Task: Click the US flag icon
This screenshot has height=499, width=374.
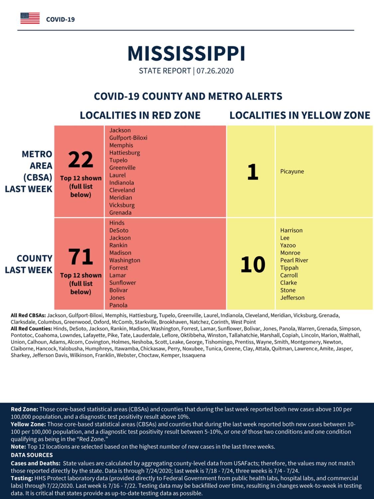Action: coord(30,18)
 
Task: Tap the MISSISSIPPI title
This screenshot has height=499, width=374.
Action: coord(186,54)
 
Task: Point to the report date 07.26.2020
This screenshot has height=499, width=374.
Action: coord(215,71)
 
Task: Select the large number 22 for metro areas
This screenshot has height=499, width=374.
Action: coord(80,160)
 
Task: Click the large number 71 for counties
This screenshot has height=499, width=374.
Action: coord(80,257)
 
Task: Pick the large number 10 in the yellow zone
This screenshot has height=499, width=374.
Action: coord(253,264)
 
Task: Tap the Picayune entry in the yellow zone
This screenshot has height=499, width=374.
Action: coord(292,171)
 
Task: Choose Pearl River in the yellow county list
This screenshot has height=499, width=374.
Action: coord(294,260)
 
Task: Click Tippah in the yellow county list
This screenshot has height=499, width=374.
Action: coord(289,268)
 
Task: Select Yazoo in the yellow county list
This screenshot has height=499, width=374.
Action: coord(288,245)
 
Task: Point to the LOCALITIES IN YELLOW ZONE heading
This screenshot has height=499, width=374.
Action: coord(300,115)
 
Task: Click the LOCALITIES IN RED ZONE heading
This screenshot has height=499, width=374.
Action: coord(140,115)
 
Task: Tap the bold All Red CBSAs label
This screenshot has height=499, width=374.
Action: coord(28,316)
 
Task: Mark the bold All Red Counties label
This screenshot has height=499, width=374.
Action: coord(31,329)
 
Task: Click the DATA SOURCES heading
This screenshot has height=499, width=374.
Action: coord(32,455)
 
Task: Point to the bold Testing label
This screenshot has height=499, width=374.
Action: coord(22,478)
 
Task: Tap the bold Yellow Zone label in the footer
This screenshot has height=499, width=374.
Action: coord(28,424)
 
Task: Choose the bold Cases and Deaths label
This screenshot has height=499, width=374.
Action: coord(36,463)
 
